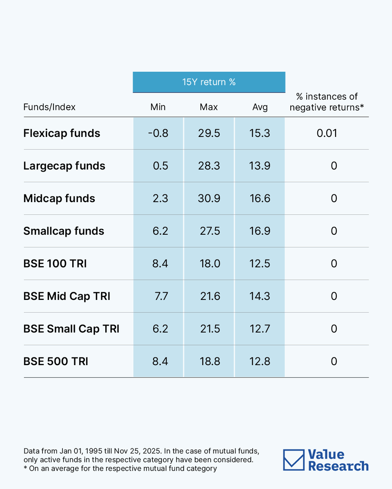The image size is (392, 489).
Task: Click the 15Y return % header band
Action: (209, 82)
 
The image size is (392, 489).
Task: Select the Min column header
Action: (158, 107)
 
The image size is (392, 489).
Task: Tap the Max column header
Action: (209, 107)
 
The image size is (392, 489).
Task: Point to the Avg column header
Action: (260, 107)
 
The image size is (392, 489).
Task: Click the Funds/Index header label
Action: (49, 107)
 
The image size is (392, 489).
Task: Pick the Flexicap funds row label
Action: (62, 133)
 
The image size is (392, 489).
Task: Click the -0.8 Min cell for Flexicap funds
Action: (158, 133)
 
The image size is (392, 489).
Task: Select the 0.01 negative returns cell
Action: (327, 133)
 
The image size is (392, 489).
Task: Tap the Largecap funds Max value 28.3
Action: (209, 166)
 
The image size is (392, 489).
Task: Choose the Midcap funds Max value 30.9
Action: (209, 198)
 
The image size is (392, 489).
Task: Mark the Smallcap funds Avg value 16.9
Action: (260, 231)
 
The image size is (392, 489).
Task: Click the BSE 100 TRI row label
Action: (55, 264)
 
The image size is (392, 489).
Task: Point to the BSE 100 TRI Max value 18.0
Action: (209, 264)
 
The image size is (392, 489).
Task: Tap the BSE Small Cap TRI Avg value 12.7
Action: (260, 329)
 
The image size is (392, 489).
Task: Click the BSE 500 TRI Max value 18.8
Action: (209, 361)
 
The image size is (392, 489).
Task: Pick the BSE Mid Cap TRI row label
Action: (67, 296)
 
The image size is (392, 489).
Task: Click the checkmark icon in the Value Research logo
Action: (294, 460)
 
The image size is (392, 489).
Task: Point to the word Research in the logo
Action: (338, 466)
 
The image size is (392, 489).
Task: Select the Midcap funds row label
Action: (59, 198)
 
